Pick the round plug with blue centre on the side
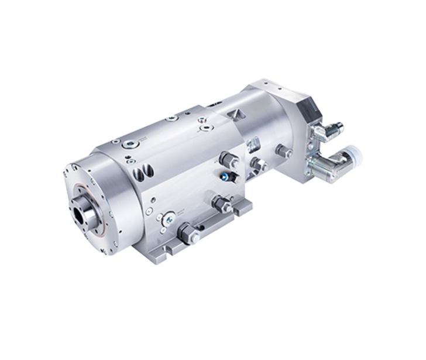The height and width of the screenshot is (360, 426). pyautogui.click(x=167, y=215)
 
